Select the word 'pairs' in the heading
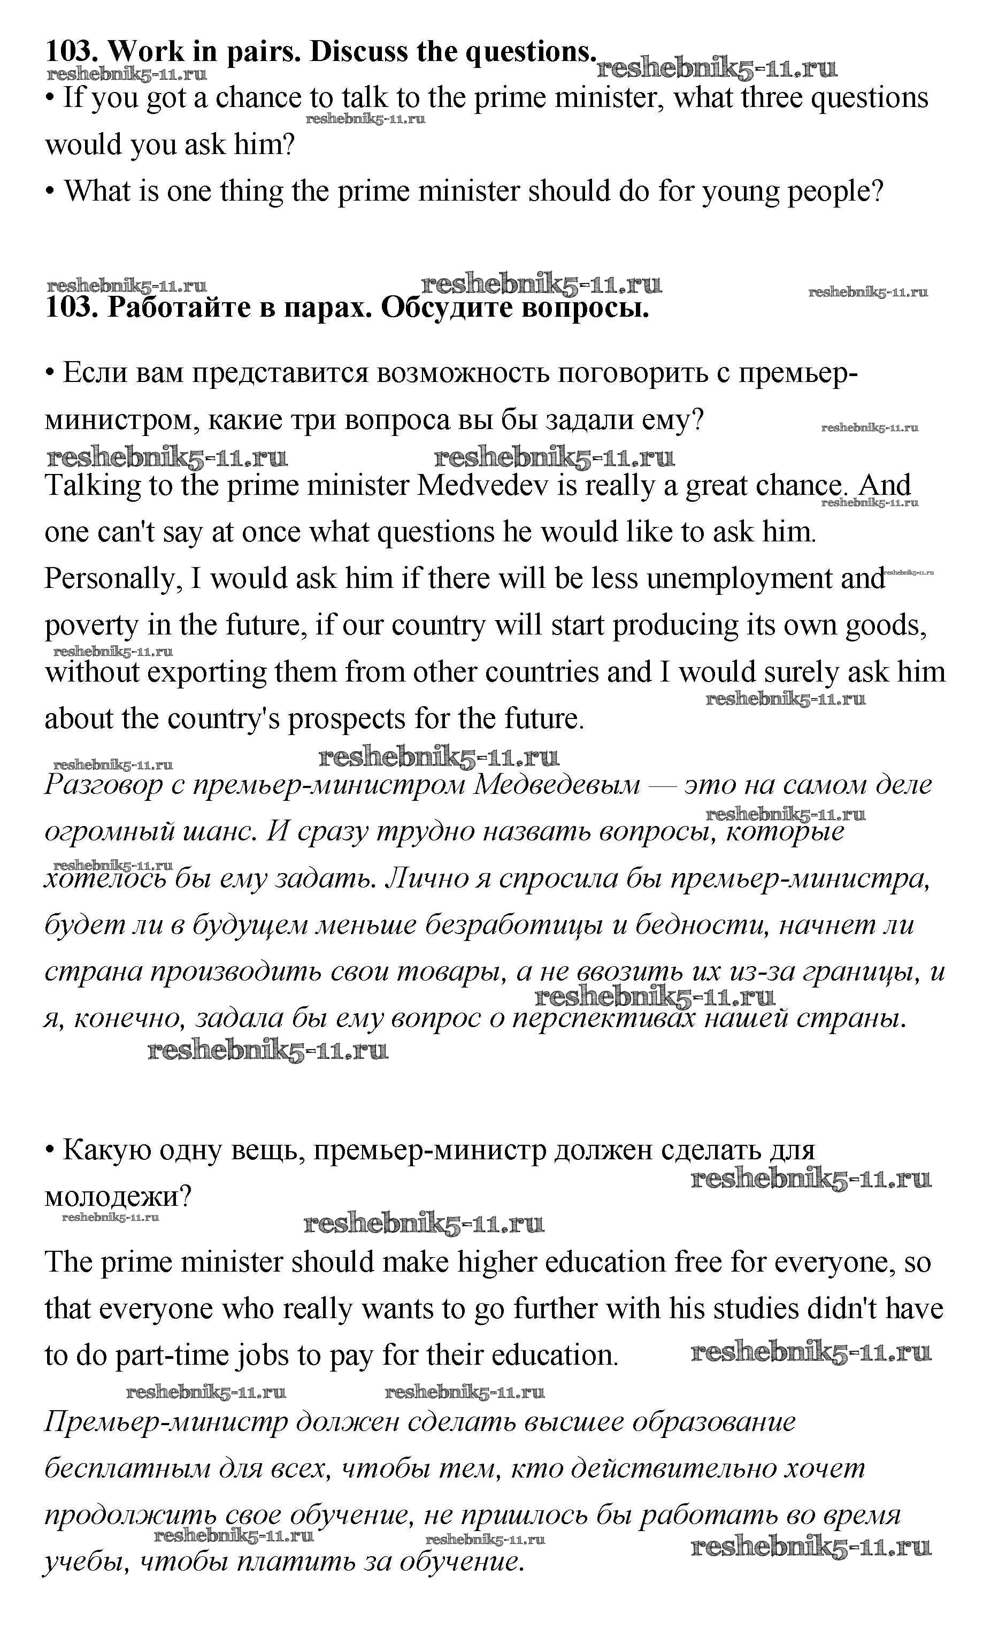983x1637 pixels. click(x=263, y=52)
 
